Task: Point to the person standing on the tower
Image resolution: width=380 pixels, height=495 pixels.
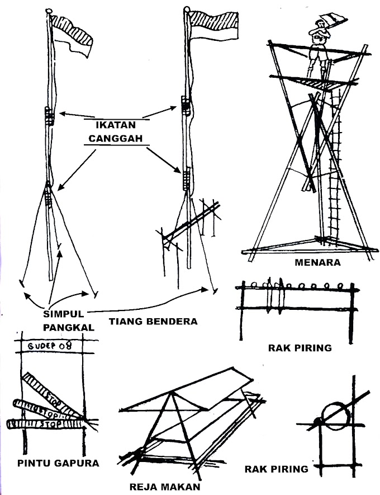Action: point(320,48)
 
